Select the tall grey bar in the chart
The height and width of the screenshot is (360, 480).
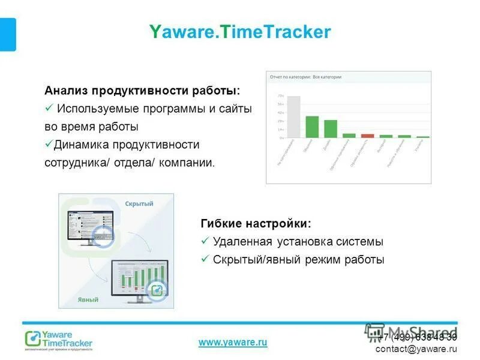click(293, 117)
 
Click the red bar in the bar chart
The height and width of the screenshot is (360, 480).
click(367, 136)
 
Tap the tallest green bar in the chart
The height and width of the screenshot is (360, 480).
click(312, 127)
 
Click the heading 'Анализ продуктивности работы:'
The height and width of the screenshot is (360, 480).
click(142, 91)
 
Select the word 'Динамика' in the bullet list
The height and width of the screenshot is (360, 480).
click(80, 145)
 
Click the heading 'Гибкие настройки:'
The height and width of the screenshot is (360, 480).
click(256, 224)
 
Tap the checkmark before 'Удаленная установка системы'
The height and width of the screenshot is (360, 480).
click(205, 242)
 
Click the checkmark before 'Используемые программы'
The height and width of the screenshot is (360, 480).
click(49, 109)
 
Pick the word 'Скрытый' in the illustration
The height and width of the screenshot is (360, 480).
click(139, 203)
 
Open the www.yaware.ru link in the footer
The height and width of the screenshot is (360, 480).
click(233, 342)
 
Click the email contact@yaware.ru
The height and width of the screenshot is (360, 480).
click(416, 349)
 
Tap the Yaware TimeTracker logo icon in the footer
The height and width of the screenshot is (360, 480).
click(32, 339)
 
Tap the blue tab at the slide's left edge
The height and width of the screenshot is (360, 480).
click(8, 34)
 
